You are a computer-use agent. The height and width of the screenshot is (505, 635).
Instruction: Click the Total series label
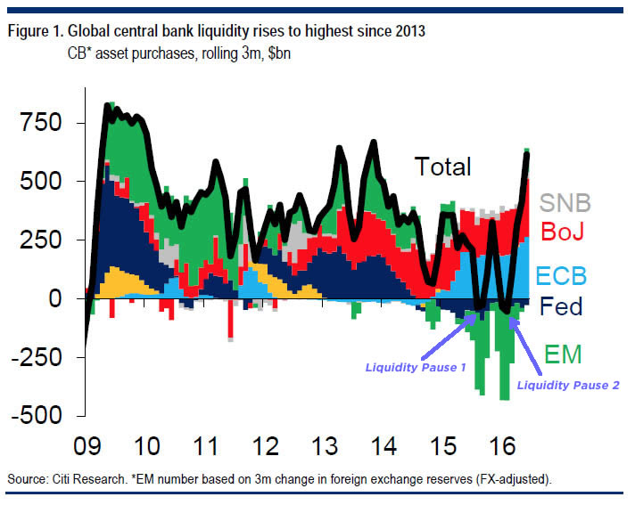(x=441, y=166)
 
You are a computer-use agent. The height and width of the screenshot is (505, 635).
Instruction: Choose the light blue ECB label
(x=561, y=273)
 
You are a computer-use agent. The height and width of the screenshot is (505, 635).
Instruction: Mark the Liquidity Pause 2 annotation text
(x=568, y=385)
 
